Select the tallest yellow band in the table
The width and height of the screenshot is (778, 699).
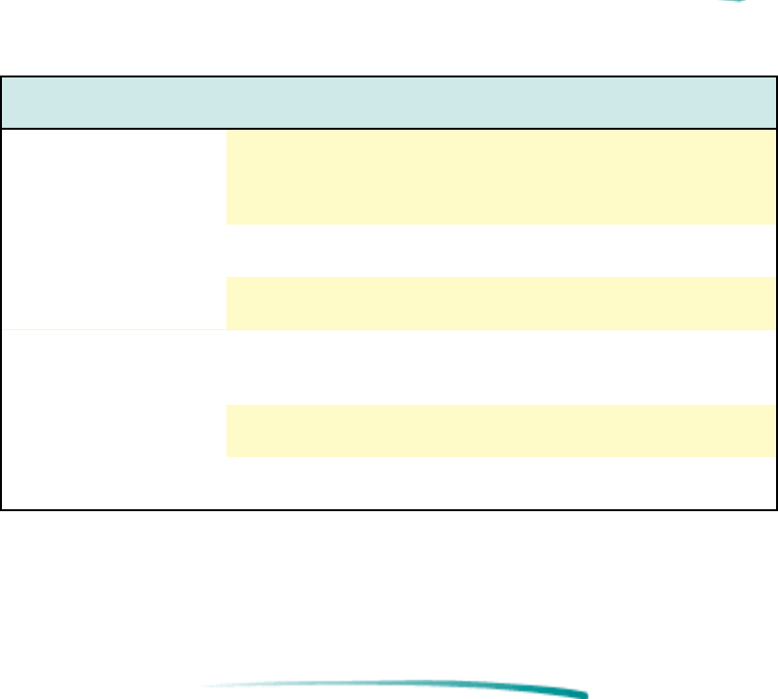[x=500, y=177]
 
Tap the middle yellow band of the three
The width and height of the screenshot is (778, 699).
[x=500, y=303]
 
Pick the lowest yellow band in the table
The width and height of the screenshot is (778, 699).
[x=500, y=431]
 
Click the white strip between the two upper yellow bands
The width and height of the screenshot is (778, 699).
[x=500, y=251]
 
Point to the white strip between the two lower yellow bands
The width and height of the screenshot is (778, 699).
[x=500, y=368]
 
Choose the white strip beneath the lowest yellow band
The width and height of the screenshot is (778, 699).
[x=500, y=481]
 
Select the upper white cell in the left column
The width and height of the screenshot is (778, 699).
[x=113, y=228]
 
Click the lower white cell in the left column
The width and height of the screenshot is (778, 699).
[x=113, y=419]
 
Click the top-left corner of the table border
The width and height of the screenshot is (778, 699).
[x=2, y=77]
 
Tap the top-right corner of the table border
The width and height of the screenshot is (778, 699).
[x=776, y=77]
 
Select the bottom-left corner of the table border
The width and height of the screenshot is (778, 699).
[x=2, y=508]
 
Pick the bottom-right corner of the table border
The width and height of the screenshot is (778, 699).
[x=776, y=508]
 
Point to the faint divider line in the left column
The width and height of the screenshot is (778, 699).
[x=113, y=330]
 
